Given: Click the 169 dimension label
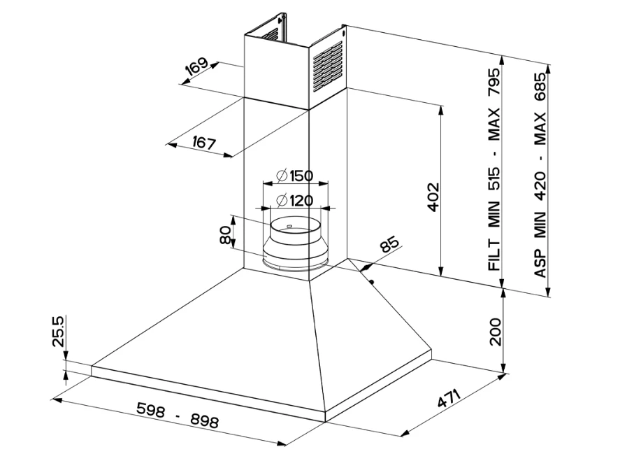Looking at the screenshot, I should tap(197, 68).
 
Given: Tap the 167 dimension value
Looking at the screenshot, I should tap(203, 143).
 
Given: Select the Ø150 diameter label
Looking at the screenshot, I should tap(294, 175).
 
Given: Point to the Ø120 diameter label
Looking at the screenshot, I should tap(294, 201).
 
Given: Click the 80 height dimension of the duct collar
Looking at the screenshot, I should tap(225, 235).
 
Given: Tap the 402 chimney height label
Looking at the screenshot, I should tap(432, 198).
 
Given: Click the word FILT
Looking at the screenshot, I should tap(494, 255).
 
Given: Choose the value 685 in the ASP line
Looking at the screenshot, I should tap(540, 86).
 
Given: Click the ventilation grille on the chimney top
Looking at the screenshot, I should tap(326, 66).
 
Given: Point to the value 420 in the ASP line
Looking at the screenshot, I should tap(540, 185).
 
